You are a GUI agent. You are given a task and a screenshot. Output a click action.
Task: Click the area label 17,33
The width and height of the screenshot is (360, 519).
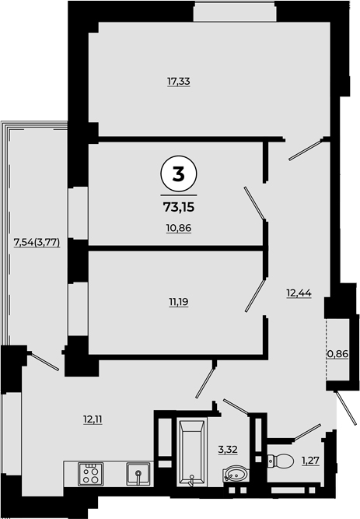(179, 82)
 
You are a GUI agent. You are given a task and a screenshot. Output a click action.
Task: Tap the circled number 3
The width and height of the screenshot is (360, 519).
(179, 174)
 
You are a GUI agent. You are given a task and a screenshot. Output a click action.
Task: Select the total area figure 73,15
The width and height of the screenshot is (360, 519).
(179, 208)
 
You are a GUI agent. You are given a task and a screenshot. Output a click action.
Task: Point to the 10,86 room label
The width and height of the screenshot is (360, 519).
(179, 228)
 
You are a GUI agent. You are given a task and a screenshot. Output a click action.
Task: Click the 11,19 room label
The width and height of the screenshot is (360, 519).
(179, 302)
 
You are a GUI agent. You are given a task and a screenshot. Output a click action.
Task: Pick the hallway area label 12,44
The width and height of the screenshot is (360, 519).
(299, 293)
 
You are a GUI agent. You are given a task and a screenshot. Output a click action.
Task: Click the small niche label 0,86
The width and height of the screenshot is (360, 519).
(337, 354)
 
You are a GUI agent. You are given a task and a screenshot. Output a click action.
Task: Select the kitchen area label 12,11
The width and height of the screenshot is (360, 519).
(93, 419)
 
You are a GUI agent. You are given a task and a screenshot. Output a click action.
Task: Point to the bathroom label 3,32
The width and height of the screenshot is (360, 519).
(228, 450)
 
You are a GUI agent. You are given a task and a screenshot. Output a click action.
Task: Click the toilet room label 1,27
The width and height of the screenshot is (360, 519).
(310, 460)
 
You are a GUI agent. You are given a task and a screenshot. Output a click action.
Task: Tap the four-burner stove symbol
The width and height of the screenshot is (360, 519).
(91, 475)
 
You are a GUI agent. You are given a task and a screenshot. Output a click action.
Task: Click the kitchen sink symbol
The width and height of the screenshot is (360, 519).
(138, 474)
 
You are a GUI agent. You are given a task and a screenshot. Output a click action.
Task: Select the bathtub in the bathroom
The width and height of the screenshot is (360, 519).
(191, 452)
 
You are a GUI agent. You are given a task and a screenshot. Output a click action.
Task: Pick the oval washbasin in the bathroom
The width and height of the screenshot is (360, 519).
(235, 474)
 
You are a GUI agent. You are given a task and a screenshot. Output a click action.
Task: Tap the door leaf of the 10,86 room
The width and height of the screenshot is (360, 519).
(254, 203)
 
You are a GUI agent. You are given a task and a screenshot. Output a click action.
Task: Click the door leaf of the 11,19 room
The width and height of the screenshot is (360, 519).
(256, 295)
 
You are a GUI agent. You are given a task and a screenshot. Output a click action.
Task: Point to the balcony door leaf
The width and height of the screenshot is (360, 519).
(44, 361)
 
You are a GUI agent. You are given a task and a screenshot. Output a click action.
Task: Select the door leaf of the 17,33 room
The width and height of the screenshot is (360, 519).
(306, 150)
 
